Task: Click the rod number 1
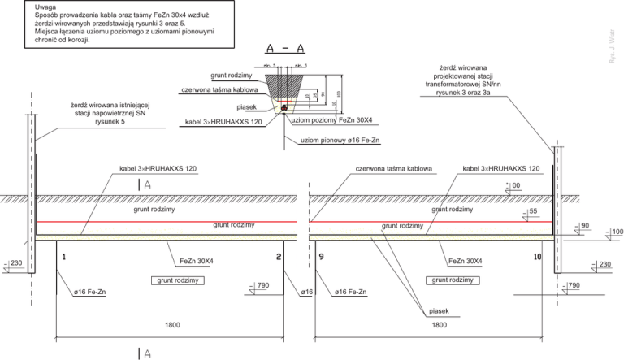click(x=62, y=256)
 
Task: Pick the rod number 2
click(x=279, y=256)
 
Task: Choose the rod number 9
click(x=322, y=256)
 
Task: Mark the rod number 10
click(x=537, y=256)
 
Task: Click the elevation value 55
click(x=533, y=211)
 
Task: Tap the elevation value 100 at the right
click(x=617, y=232)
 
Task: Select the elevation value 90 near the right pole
click(x=583, y=225)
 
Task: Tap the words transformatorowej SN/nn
click(x=457, y=83)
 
